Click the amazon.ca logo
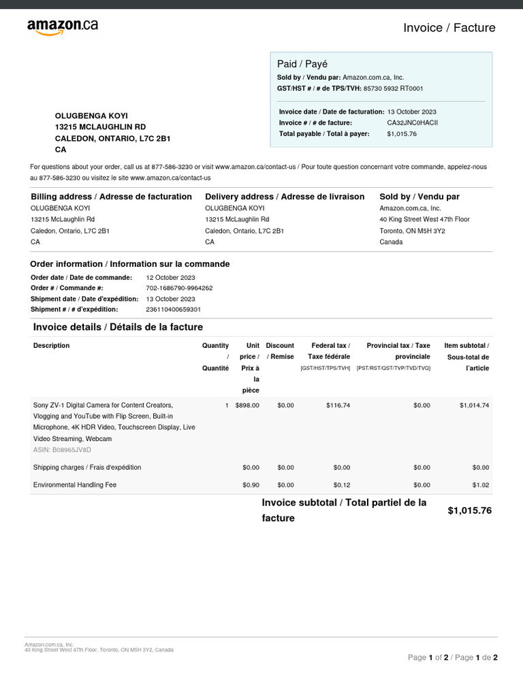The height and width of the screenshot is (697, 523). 63,27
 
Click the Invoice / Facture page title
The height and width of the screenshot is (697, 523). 449,28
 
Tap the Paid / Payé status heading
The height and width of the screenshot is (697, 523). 302,64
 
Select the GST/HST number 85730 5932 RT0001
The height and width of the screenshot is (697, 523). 393,88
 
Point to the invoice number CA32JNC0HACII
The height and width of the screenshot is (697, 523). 412,123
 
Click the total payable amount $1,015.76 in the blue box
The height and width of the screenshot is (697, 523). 402,134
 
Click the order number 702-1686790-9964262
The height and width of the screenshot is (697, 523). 179,288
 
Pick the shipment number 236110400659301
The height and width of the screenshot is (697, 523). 173,309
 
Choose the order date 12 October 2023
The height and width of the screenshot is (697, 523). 170,278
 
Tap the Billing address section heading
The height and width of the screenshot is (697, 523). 111,197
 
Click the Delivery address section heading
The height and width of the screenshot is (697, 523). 285,197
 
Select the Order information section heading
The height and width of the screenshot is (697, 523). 129,264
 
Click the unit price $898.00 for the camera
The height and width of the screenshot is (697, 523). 247,405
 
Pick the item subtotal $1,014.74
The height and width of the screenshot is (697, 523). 474,405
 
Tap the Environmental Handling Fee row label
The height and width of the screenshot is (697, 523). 75,485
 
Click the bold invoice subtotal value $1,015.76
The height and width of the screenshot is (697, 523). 469,510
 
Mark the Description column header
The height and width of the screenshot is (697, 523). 51,346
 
